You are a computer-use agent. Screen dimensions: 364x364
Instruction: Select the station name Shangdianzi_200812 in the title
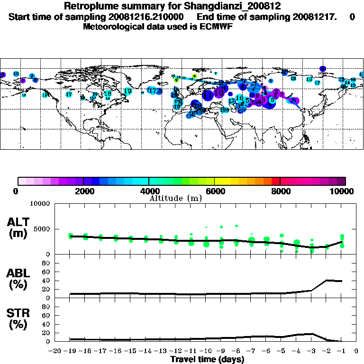228,6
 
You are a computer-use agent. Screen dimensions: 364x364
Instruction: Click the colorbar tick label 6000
214,191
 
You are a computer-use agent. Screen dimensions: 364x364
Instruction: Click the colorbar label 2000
83,191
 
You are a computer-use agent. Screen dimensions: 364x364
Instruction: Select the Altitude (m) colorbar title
175,198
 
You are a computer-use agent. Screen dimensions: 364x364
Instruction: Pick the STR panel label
18,318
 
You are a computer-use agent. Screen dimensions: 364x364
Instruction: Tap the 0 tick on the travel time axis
356,351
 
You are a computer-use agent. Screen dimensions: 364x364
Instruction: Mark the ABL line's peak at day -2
327,280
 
